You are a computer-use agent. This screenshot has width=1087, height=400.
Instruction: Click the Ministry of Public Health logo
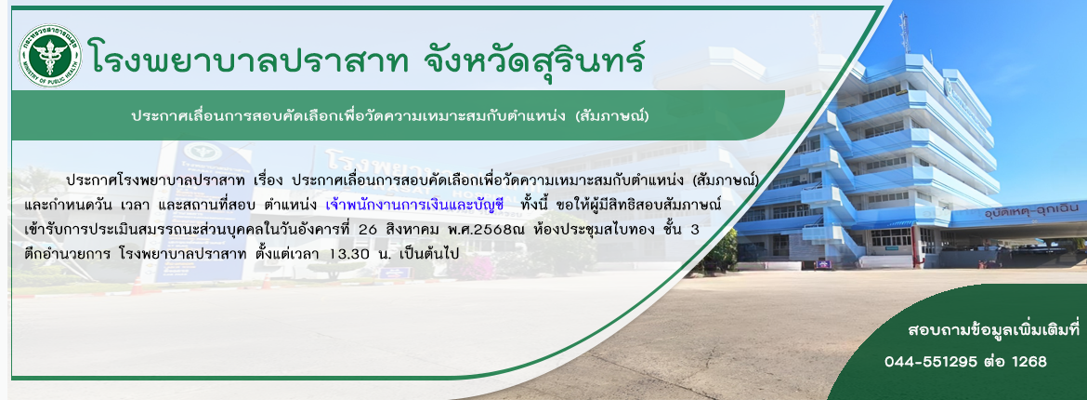(x=50, y=56)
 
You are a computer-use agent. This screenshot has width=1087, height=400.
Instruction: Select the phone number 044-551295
(x=931, y=362)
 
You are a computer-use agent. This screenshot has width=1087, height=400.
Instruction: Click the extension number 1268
(x=1029, y=362)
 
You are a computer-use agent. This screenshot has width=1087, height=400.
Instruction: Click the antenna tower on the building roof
(x=904, y=32)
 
